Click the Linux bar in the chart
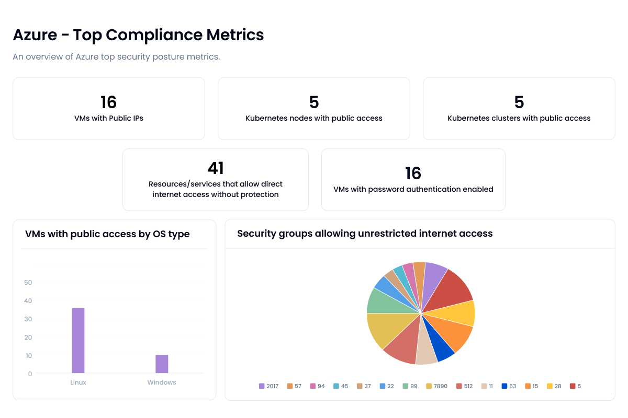pyautogui.click(x=78, y=340)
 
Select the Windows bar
pyautogui.click(x=162, y=364)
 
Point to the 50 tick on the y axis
pyautogui.click(x=28, y=283)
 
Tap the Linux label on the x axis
pyautogui.click(x=78, y=382)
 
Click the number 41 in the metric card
pyautogui.click(x=216, y=168)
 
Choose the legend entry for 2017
pyautogui.click(x=268, y=386)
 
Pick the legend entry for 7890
pyautogui.click(x=436, y=386)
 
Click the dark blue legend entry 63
pyautogui.click(x=509, y=386)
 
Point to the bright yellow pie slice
pyautogui.click(x=461, y=313)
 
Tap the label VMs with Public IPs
pyautogui.click(x=109, y=118)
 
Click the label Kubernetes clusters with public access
pyautogui.click(x=519, y=118)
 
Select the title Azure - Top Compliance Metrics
pyautogui.click(x=138, y=35)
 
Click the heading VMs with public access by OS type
pyautogui.click(x=107, y=234)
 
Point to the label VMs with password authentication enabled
pyautogui.click(x=413, y=189)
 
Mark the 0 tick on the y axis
pyautogui.click(x=30, y=374)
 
